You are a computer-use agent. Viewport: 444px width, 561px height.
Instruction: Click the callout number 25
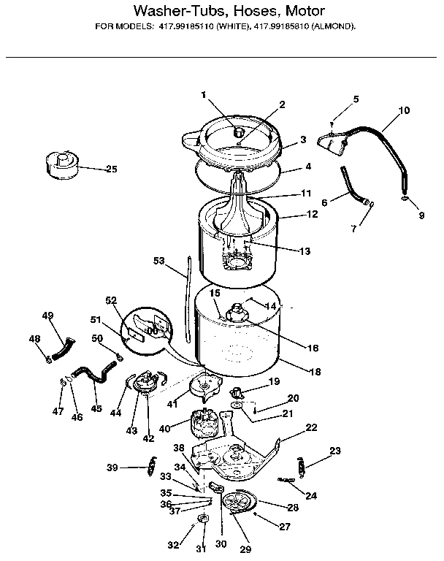click(x=111, y=169)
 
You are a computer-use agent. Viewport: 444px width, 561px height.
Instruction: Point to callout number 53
click(x=160, y=260)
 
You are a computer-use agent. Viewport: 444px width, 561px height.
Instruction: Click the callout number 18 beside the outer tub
click(x=315, y=372)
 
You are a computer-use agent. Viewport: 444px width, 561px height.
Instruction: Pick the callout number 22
click(x=311, y=427)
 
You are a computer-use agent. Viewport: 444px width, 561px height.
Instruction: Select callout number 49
click(x=48, y=316)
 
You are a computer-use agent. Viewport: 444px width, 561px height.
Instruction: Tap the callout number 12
click(x=313, y=215)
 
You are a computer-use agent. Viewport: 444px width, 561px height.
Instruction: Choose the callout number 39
click(x=112, y=467)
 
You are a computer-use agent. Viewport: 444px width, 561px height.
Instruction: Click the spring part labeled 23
click(x=302, y=463)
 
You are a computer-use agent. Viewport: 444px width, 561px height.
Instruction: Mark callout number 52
click(x=111, y=301)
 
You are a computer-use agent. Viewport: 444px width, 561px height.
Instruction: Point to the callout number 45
click(x=96, y=408)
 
